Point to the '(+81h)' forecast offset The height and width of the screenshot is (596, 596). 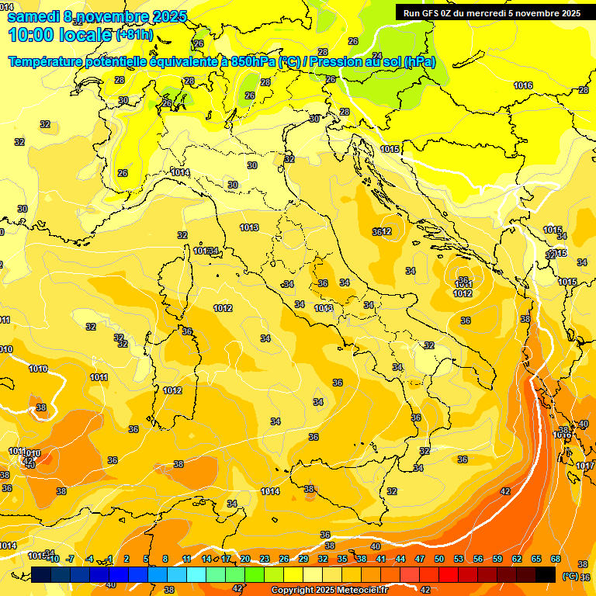pos(134,35)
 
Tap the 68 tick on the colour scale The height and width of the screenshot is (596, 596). pos(556,559)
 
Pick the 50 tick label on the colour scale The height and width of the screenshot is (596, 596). pos(439,559)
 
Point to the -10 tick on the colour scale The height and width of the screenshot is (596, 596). pos(53,559)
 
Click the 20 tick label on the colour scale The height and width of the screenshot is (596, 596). pos(245,559)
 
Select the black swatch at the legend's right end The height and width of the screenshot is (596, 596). pos(546,574)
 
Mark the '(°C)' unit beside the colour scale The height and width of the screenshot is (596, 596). pos(570,576)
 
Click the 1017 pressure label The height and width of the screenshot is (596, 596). pos(585,466)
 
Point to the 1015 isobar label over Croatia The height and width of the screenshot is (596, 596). pos(390,149)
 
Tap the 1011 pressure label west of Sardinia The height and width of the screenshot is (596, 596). pos(99,377)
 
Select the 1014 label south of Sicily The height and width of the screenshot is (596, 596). pos(270,491)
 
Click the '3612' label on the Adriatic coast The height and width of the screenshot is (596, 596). pos(382,231)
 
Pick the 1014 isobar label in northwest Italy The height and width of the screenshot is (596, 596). pos(180,172)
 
